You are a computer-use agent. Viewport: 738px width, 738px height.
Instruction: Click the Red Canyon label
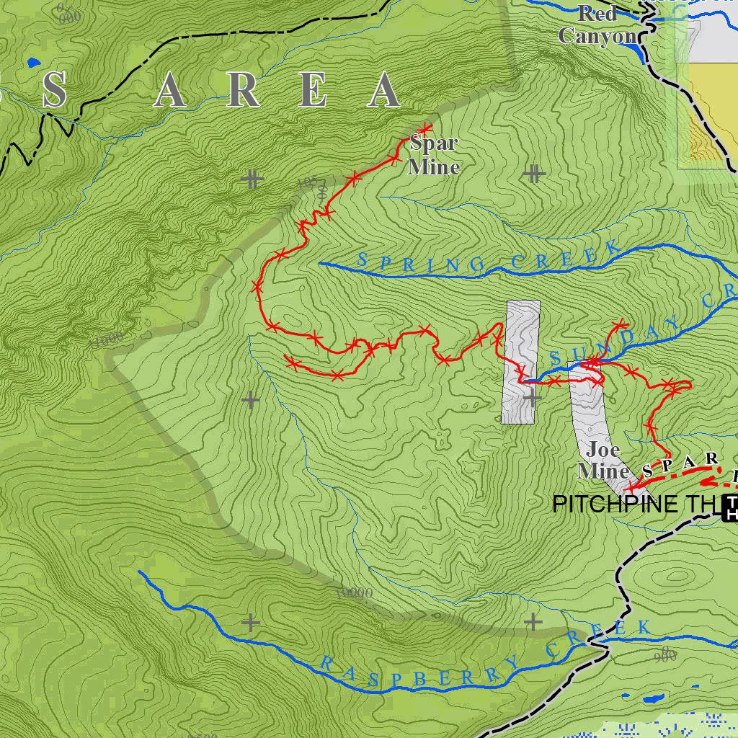coord(597,25)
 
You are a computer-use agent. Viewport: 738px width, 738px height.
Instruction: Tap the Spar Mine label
coord(433,155)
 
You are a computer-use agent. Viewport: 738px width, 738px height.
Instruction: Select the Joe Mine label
coord(603,461)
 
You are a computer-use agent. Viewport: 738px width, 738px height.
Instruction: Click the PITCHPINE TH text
coord(634,504)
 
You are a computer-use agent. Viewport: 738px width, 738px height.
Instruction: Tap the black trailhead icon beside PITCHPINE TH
coord(730,507)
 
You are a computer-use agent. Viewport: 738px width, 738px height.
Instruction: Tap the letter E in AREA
coord(314,92)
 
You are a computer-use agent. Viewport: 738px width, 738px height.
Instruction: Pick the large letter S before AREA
coord(55,92)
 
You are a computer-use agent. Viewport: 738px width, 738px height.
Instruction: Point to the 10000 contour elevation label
coord(355,593)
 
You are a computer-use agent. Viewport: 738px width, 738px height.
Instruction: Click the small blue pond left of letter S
coord(32,62)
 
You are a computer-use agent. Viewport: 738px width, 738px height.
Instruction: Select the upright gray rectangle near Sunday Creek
coord(520,361)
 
